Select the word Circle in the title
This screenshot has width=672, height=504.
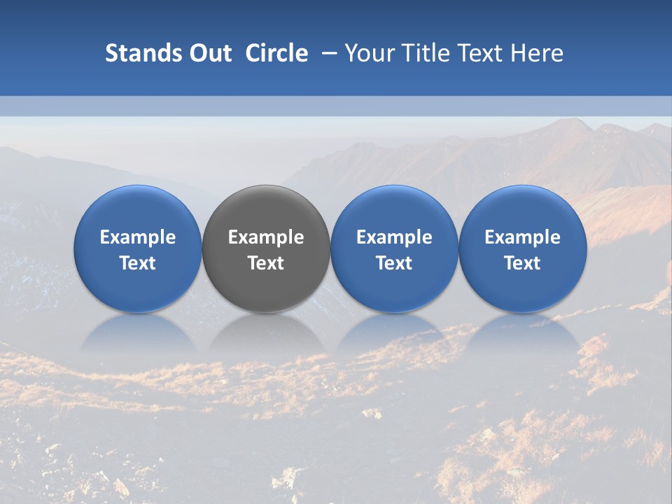276,53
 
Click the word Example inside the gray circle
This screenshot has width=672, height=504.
266,237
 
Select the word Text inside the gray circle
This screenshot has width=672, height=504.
266,263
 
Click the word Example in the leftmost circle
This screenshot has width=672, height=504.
138,237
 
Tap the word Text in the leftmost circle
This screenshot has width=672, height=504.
138,263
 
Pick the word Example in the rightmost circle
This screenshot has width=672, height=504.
523,237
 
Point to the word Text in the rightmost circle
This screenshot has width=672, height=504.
523,263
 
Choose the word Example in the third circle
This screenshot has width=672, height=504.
394,237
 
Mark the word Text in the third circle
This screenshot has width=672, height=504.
394,263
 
